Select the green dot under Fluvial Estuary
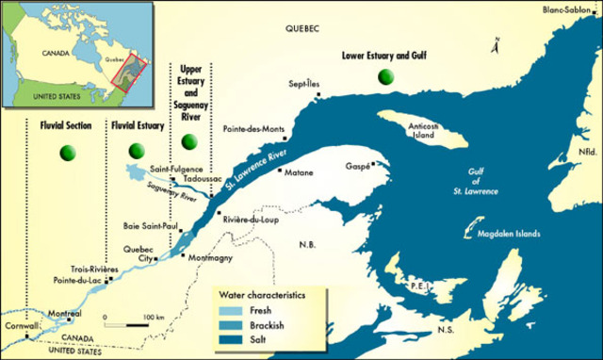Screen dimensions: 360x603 pos(138,150)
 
